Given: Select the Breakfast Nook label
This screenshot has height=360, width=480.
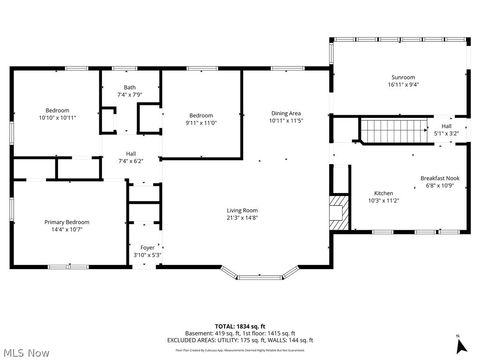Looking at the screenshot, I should pyautogui.click(x=439, y=178).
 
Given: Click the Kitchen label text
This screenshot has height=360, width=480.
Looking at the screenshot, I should pyautogui.click(x=383, y=192).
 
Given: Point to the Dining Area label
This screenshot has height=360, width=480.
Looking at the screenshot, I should pyautogui.click(x=286, y=113).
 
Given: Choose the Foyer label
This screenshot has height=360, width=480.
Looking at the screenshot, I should pyautogui.click(x=148, y=247).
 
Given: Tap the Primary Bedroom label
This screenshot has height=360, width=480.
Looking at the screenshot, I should pyautogui.click(x=66, y=222).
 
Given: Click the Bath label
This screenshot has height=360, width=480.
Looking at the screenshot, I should pyautogui.click(x=130, y=87).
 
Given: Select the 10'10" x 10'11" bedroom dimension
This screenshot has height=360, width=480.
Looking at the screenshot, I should pyautogui.click(x=56, y=118).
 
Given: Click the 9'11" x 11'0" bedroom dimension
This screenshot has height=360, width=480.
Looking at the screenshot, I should pyautogui.click(x=201, y=122).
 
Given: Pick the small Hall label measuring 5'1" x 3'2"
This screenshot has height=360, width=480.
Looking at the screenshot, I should pyautogui.click(x=446, y=133).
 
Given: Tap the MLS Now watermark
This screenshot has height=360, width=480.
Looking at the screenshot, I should pyautogui.click(x=27, y=352).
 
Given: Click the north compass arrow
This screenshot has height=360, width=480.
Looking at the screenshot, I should pyautogui.click(x=458, y=343).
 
